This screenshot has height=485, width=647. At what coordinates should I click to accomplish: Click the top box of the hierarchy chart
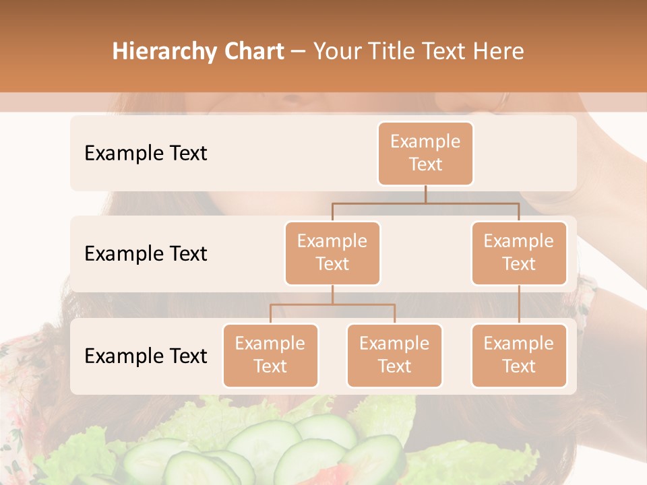(x=425, y=154)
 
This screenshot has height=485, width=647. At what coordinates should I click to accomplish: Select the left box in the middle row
(x=332, y=253)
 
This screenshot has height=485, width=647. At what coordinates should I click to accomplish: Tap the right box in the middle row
(x=519, y=253)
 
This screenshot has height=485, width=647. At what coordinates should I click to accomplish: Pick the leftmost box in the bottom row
(x=270, y=356)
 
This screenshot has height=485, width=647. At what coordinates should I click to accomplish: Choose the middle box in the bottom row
(x=394, y=356)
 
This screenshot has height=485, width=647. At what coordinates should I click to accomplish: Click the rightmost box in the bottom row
(x=519, y=356)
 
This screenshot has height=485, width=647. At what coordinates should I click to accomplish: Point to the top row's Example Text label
(x=146, y=154)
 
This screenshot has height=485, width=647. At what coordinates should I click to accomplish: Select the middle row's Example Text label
(x=146, y=254)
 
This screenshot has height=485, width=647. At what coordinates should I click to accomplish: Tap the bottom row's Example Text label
(x=146, y=356)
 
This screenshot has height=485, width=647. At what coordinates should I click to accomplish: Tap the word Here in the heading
(x=499, y=51)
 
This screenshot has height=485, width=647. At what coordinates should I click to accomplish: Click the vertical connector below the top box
(x=425, y=194)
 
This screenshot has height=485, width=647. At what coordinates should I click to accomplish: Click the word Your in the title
(x=337, y=52)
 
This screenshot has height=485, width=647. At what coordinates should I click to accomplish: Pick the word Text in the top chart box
(x=425, y=165)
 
